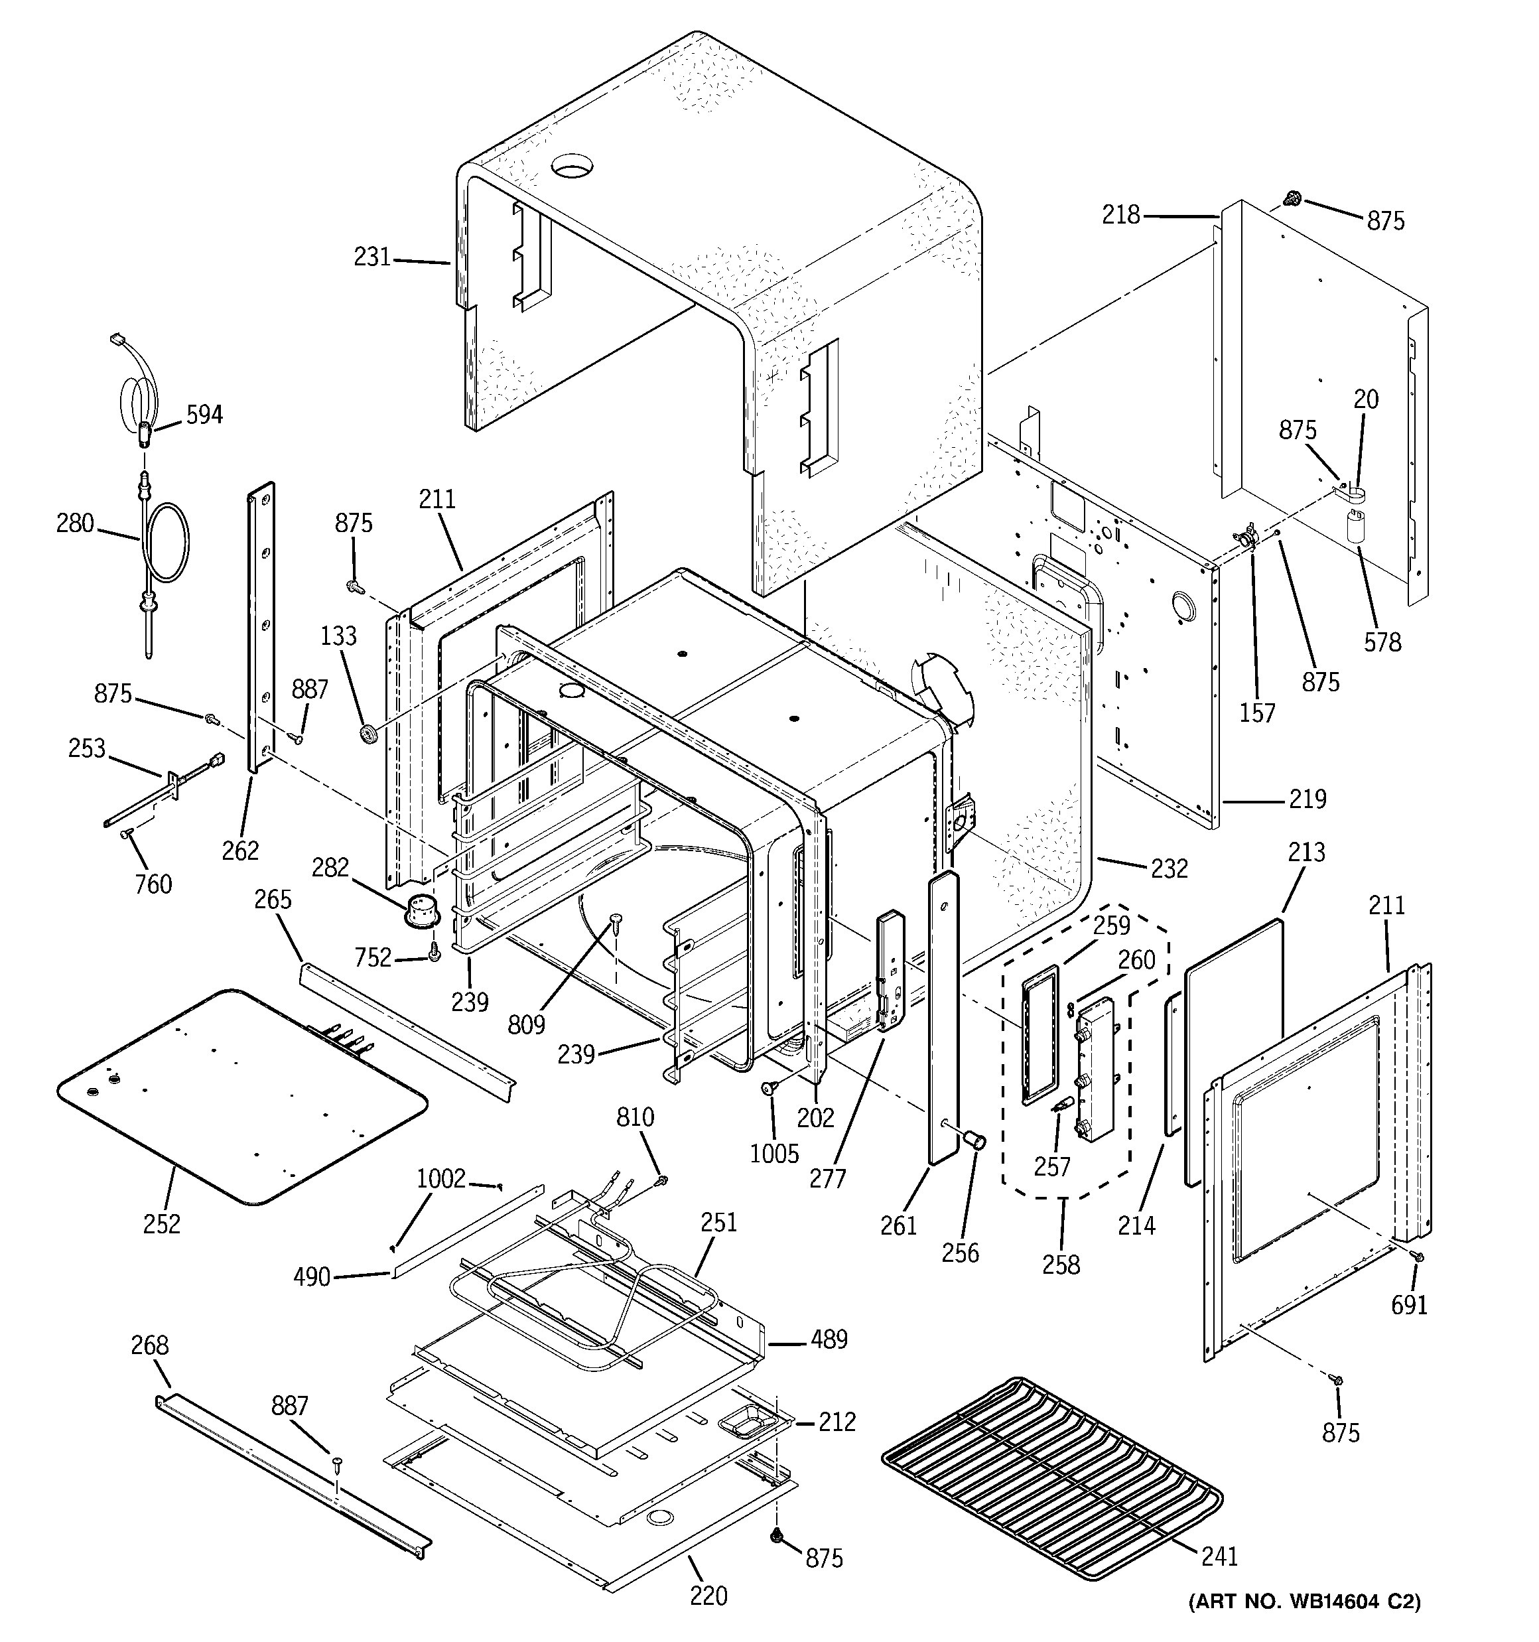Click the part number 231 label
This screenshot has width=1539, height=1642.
coord(371,257)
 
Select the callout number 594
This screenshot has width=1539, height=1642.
coord(204,415)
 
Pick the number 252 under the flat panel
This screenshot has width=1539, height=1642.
coord(162,1224)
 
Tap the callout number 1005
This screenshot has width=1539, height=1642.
coord(774,1153)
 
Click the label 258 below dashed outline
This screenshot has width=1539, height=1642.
coord(1061,1265)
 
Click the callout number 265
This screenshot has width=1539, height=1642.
coord(273,899)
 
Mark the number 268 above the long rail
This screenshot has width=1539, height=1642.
coord(149,1345)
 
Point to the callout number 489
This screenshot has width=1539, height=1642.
coord(829,1339)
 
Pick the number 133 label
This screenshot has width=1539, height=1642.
coord(339,636)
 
